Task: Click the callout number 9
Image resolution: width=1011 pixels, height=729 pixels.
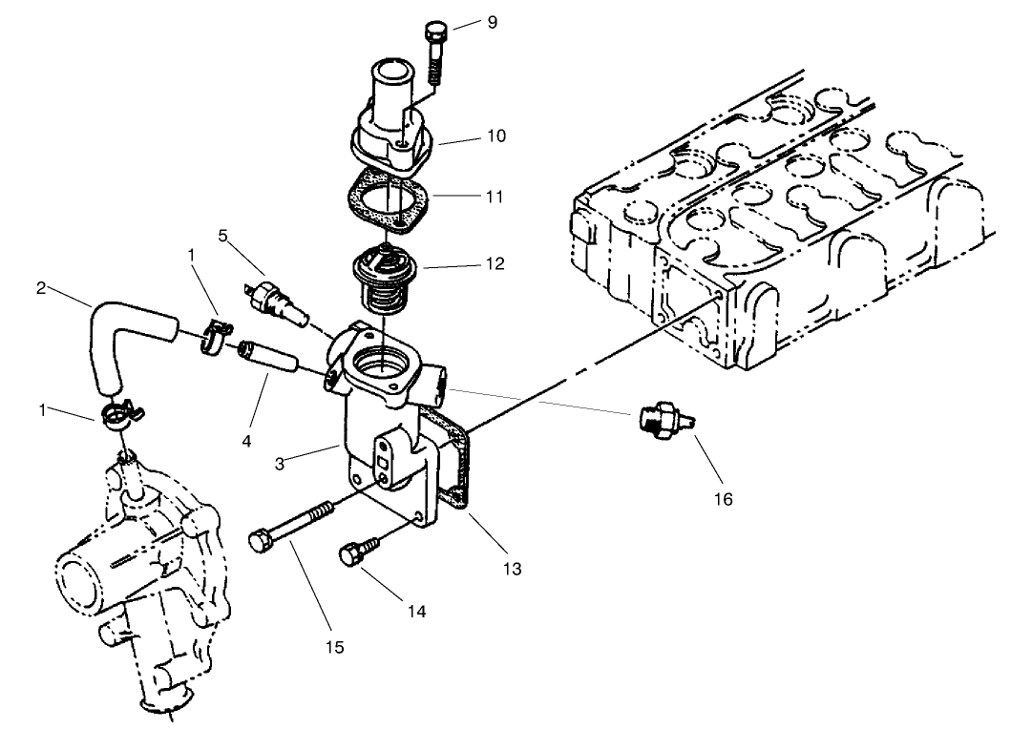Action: (492, 21)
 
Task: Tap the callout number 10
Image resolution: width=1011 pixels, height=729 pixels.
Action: (495, 135)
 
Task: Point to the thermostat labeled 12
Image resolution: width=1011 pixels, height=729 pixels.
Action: (381, 281)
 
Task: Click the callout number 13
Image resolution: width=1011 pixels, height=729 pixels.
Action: (513, 569)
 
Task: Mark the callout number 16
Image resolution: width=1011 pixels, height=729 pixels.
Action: (724, 498)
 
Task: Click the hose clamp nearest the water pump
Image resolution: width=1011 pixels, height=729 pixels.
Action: (120, 414)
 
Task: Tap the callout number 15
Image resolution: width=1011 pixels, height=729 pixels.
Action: (333, 648)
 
